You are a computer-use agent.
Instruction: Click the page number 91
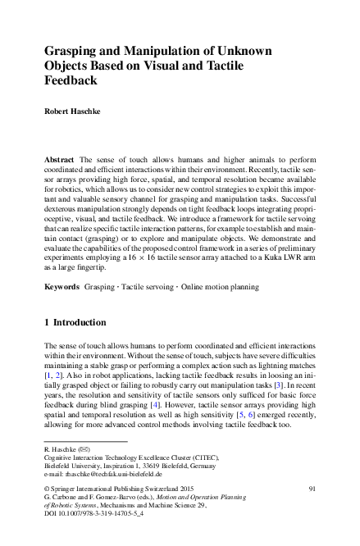point(312,489)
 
